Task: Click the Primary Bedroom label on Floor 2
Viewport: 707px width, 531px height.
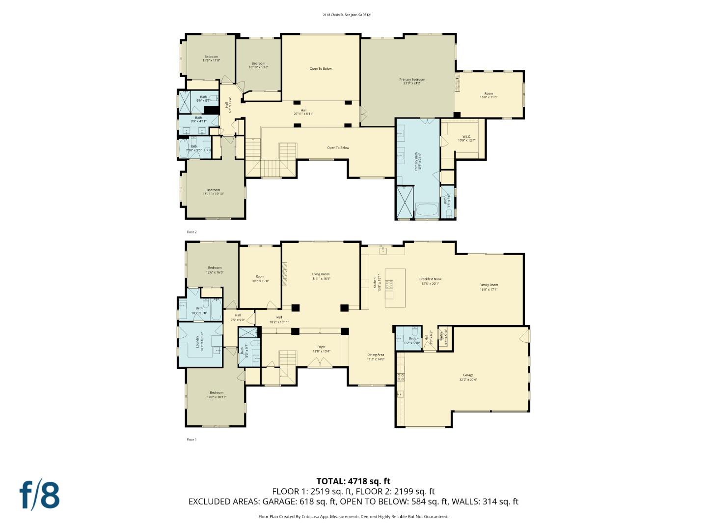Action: click(411, 81)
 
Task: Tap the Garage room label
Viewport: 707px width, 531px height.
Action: click(466, 377)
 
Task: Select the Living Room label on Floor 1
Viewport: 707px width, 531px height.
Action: click(320, 276)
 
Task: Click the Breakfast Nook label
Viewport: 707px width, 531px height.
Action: click(430, 281)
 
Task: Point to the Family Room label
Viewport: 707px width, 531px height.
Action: click(489, 287)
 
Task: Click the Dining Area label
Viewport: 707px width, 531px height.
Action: click(376, 356)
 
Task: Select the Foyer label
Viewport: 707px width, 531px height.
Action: click(321, 349)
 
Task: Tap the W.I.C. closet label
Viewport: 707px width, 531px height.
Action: click(466, 139)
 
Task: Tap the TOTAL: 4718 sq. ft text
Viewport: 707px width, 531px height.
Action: click(353, 481)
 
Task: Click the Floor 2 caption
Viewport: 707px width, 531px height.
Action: click(191, 232)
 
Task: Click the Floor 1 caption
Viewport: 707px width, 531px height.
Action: click(191, 440)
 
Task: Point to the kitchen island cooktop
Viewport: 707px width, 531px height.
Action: click(389, 283)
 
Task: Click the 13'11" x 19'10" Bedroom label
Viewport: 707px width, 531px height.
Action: click(213, 192)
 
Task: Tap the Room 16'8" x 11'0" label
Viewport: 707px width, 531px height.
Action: click(488, 95)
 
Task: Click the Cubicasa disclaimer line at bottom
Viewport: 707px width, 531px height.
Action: click(353, 516)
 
